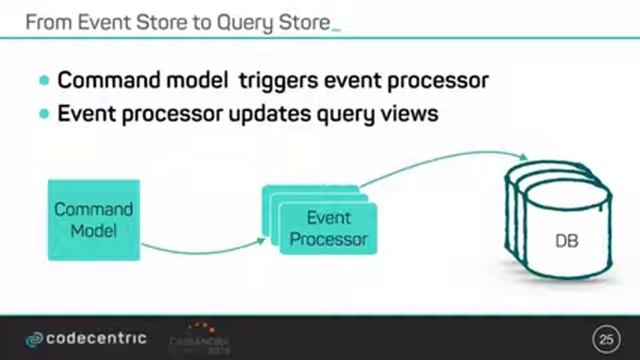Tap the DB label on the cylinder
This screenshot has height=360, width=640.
coord(567,242)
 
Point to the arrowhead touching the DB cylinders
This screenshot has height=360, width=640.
coord(523,157)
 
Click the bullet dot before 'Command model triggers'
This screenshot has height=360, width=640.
coord(44,80)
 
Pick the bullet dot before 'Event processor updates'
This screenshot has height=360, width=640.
coord(44,114)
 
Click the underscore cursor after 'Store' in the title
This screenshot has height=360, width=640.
coord(335,26)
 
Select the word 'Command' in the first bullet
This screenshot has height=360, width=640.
coord(108,80)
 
